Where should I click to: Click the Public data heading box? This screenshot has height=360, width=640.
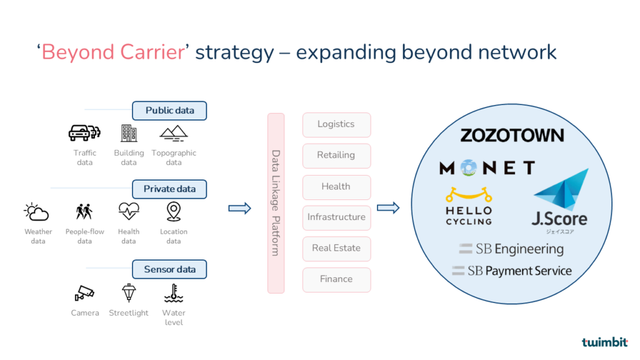169,111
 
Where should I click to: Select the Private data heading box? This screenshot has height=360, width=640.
169,189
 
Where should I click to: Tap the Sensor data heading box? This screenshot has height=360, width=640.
169,270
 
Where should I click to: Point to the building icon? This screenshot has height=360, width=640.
129,132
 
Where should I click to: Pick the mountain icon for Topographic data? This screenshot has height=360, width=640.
174,132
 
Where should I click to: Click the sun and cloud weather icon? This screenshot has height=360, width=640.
37,212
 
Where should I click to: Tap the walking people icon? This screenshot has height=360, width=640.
84,212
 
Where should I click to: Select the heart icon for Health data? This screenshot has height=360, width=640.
129,212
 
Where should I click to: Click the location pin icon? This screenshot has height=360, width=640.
174,212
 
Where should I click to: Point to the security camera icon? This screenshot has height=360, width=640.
84,292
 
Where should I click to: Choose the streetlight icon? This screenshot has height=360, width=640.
129,292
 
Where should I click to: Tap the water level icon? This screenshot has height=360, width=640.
174,292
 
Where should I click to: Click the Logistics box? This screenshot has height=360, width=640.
336,124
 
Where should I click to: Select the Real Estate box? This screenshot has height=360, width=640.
336,248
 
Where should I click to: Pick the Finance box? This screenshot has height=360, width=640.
336,279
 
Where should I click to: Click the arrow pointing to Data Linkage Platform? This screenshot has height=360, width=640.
239,208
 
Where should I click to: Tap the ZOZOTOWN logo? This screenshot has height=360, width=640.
512,135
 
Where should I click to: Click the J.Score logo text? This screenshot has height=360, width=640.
559,219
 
